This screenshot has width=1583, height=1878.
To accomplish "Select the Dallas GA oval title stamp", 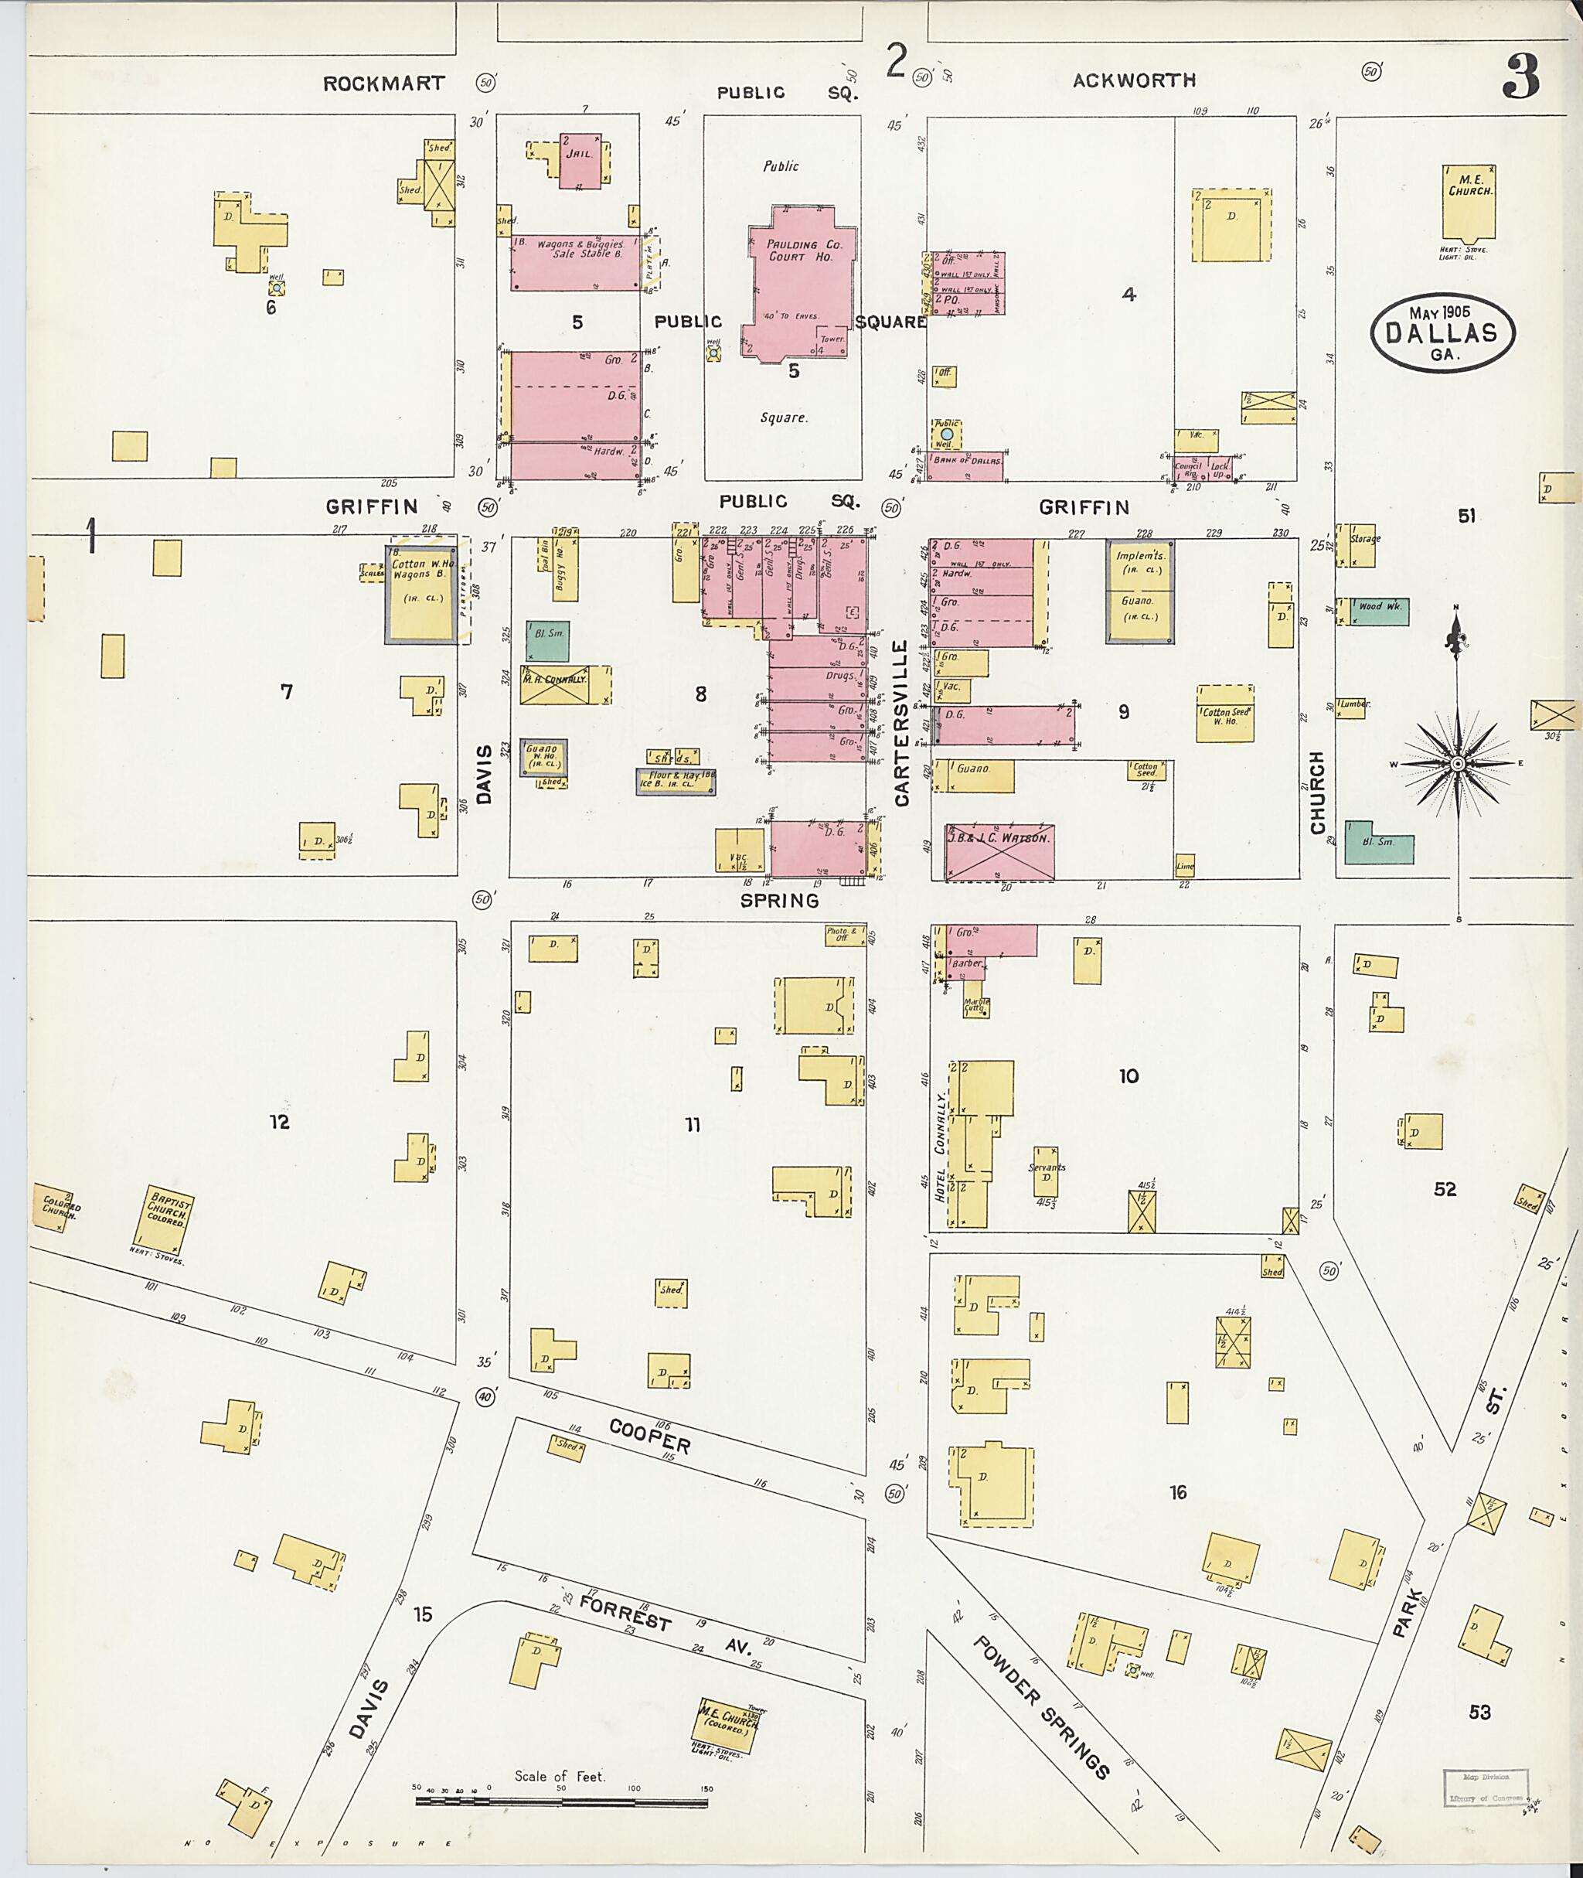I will coord(1442,332).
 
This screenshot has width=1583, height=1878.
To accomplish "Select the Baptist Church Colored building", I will coord(169,1219).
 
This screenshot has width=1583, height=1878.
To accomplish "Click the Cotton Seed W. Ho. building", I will coord(1224,714).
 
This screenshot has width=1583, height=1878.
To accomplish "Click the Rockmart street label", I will coord(383,84).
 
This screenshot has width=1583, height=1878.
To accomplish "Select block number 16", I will coord(1177,1491).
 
